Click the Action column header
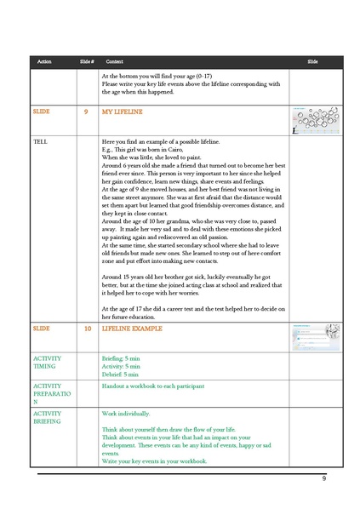(44, 62)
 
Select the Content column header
(115, 62)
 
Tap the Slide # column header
(86, 62)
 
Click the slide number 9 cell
(86, 112)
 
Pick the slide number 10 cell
(87, 327)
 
